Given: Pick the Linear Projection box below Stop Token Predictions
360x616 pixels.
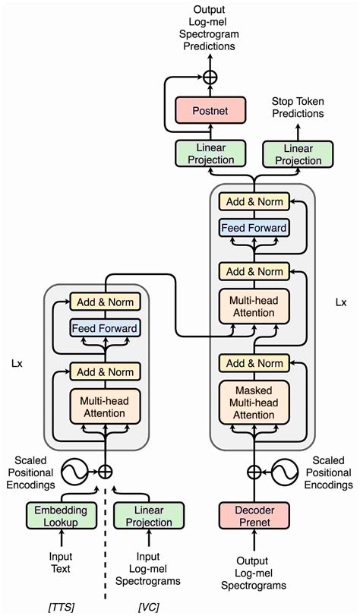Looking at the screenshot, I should point(297,154).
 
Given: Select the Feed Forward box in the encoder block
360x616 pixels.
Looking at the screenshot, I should point(105,329).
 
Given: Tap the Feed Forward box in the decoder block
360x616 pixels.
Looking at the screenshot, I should point(254,227).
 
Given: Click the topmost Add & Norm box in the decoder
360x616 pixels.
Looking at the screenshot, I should point(254,201).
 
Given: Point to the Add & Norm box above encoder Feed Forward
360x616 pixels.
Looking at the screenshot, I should point(105,302).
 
